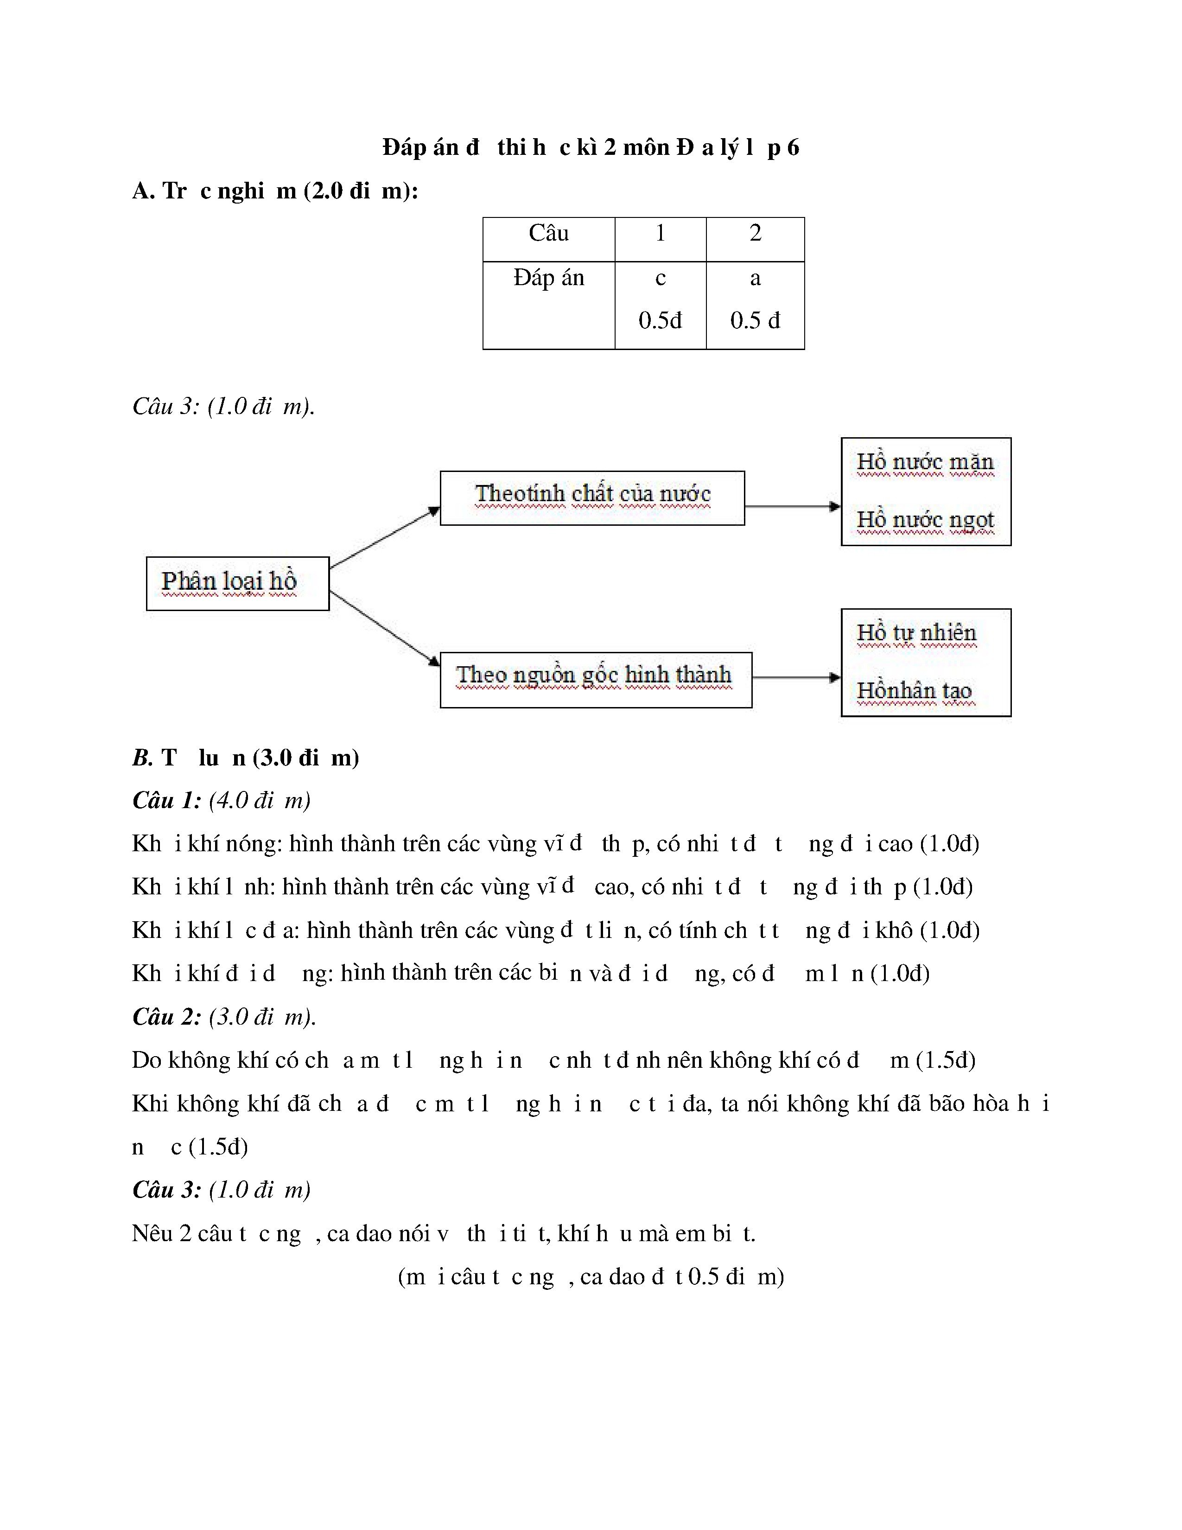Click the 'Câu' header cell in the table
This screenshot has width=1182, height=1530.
tap(548, 233)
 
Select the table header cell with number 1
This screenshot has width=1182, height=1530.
tap(660, 233)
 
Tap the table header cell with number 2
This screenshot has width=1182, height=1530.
tap(755, 233)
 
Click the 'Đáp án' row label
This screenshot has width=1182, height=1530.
tap(548, 278)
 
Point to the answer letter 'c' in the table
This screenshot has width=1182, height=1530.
tap(660, 278)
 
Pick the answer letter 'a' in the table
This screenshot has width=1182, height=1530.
tap(755, 278)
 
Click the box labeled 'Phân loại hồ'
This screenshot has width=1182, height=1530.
tap(237, 583)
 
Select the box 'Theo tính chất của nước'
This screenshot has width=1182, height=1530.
tap(592, 497)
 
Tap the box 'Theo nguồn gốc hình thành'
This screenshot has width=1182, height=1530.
tap(595, 680)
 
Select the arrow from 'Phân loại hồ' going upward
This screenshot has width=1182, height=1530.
tap(384, 537)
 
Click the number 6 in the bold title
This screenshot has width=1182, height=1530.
tap(793, 148)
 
